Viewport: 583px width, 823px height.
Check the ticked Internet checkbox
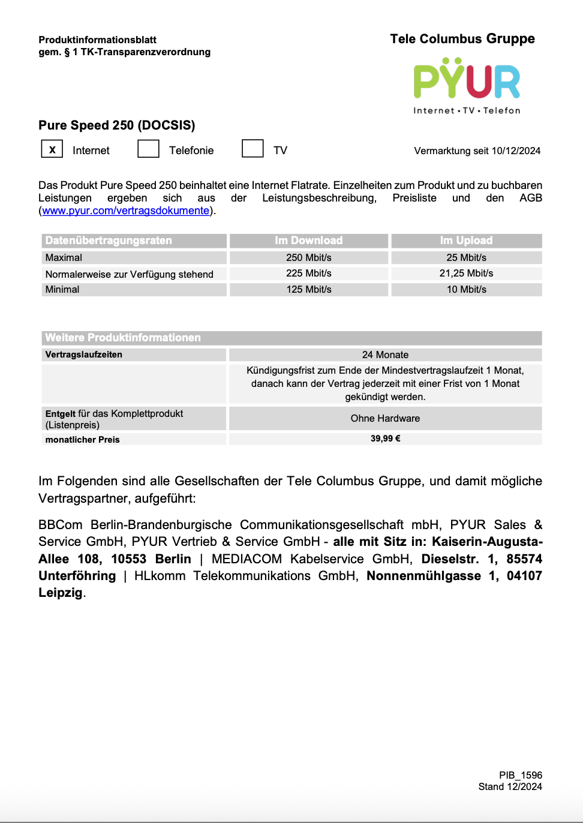point(52,149)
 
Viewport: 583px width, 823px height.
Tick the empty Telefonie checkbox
point(148,149)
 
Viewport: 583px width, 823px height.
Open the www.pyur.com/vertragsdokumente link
point(125,211)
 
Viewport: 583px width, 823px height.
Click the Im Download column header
point(308,241)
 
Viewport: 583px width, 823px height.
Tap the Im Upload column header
point(466,241)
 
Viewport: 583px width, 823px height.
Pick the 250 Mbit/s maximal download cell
point(308,257)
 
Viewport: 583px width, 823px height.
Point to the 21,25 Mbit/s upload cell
point(466,274)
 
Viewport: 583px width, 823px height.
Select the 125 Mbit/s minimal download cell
point(308,289)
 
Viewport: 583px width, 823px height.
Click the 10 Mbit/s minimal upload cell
point(466,289)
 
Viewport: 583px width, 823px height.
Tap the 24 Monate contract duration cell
point(385,355)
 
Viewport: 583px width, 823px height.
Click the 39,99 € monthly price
point(385,438)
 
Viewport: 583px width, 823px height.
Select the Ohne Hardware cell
point(385,418)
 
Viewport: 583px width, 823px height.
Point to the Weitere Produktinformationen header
point(123,338)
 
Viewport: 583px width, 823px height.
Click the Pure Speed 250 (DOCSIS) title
point(117,125)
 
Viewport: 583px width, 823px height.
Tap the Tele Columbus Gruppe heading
point(462,39)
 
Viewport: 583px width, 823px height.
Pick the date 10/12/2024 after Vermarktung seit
point(516,151)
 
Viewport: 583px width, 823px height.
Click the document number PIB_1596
point(520,775)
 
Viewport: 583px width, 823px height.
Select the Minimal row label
point(62,289)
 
